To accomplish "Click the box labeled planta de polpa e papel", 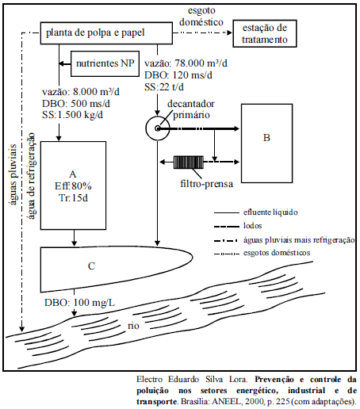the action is [x=106, y=33].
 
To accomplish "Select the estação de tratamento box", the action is [x=265, y=33].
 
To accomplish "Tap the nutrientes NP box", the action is [x=105, y=63].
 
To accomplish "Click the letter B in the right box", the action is [x=266, y=138].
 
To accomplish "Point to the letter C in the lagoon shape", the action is [x=91, y=266].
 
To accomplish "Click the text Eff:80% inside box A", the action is [x=73, y=186].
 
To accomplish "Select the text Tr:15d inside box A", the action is [x=73, y=197].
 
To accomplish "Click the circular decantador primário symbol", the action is [x=158, y=128].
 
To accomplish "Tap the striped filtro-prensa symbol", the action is [x=189, y=162].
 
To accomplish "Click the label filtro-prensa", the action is [x=207, y=184].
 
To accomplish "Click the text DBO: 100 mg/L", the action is [x=79, y=303].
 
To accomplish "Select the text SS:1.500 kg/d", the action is [x=72, y=115].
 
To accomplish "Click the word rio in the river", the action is [x=133, y=326].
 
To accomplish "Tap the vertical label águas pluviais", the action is [x=13, y=174].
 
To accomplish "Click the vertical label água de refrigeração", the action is [x=31, y=176].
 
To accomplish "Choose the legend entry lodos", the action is [x=252, y=226].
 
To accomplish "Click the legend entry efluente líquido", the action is [x=270, y=212].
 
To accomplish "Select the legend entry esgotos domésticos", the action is [x=277, y=253].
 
